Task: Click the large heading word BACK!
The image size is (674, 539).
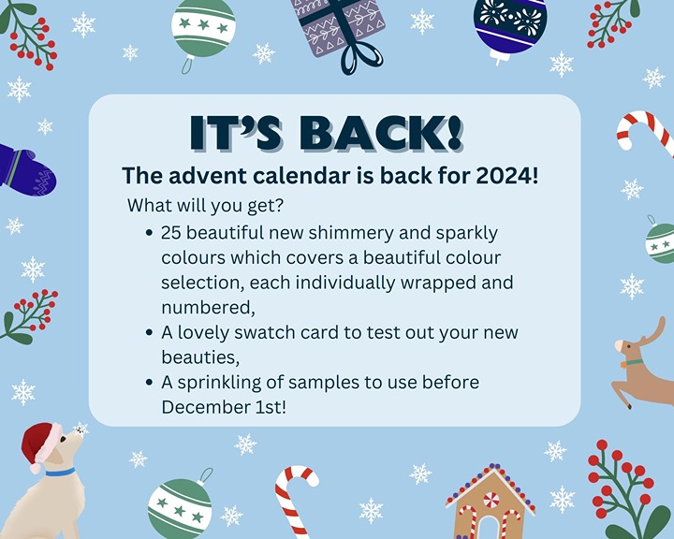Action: pyautogui.click(x=381, y=133)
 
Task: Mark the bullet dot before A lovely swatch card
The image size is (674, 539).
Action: pyautogui.click(x=149, y=332)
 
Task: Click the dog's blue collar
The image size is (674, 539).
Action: pyautogui.click(x=60, y=472)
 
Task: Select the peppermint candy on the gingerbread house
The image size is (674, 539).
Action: pyautogui.click(x=491, y=500)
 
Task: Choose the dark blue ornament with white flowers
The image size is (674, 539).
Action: pyautogui.click(x=510, y=29)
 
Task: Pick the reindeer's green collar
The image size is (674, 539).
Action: pyautogui.click(x=634, y=362)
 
